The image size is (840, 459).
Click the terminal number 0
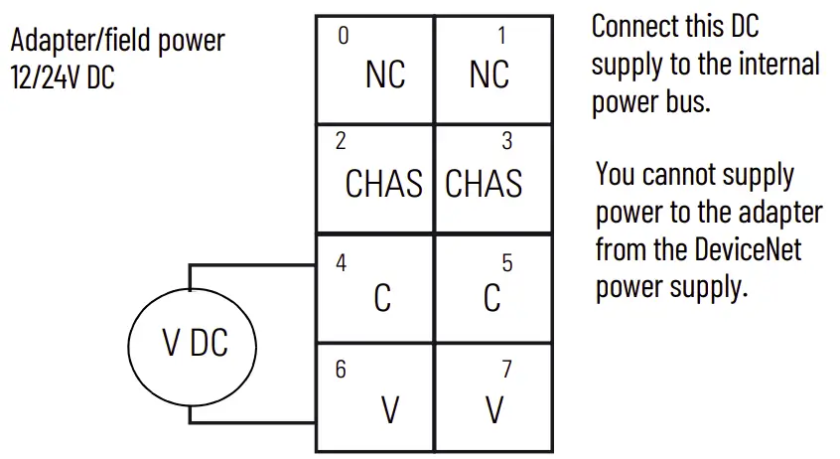[344, 36]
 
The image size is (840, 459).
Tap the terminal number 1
[501, 36]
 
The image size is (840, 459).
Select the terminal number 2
[341, 141]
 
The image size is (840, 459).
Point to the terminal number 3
[506, 141]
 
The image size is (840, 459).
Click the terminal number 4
[341, 264]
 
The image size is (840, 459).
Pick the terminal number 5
[506, 264]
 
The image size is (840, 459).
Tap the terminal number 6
[341, 370]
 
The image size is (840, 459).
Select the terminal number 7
[506, 370]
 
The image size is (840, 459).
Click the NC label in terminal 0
[385, 75]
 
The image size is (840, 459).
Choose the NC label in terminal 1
[489, 75]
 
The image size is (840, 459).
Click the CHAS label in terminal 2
[383, 184]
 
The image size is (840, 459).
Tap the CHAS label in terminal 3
[484, 184]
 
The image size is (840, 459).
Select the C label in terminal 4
[382, 298]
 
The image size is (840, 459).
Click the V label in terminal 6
[390, 409]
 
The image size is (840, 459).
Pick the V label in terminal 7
[493, 409]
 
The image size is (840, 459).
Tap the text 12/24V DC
[63, 78]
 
